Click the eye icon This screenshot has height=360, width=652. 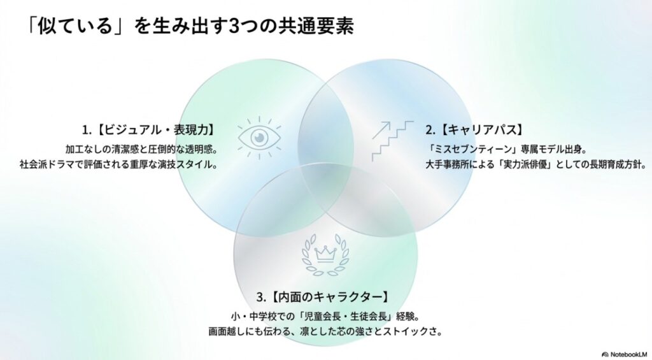pyautogui.click(x=259, y=138)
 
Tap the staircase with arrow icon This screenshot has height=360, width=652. pyautogui.click(x=392, y=141)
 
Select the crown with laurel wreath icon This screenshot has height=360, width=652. pyautogui.click(x=325, y=254)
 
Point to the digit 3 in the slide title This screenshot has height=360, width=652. pyautogui.click(x=234, y=26)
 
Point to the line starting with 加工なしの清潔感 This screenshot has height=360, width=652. pyautogui.click(x=142, y=149)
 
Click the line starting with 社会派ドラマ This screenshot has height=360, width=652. pyautogui.click(x=119, y=164)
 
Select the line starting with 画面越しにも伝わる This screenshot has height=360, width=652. pyautogui.click(x=325, y=332)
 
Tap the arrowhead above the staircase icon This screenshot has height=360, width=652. pyautogui.click(x=386, y=125)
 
